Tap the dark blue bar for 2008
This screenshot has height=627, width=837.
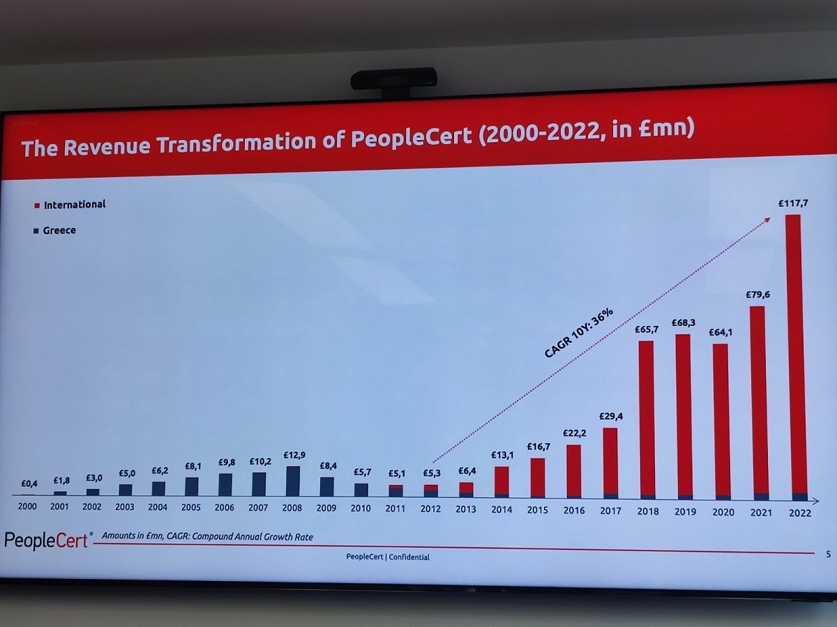[293, 481]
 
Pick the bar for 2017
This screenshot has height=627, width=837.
[610, 463]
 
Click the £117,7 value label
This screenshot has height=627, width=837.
[794, 203]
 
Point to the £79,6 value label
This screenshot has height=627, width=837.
[758, 295]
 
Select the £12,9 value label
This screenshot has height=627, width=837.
[293, 455]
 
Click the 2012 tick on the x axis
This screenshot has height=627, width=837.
[430, 509]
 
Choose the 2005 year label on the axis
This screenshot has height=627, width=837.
[191, 508]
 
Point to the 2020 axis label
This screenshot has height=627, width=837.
[722, 513]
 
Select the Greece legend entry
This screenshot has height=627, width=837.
[59, 231]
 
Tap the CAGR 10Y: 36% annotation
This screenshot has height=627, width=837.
[578, 334]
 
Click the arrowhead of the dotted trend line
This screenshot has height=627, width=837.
[768, 219]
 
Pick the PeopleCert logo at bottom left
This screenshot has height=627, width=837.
[46, 541]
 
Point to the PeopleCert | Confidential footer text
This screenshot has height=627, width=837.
[388, 557]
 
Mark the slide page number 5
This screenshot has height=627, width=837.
[827, 555]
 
